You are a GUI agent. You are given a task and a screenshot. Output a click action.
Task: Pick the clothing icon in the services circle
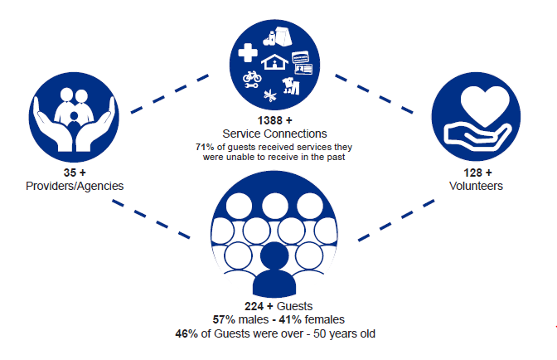(x=291, y=86)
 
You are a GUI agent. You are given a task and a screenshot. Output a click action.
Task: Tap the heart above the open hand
(x=477, y=105)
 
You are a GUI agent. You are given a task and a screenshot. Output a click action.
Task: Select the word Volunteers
(x=476, y=186)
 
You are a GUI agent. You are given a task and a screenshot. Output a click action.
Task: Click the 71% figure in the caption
(x=204, y=147)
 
